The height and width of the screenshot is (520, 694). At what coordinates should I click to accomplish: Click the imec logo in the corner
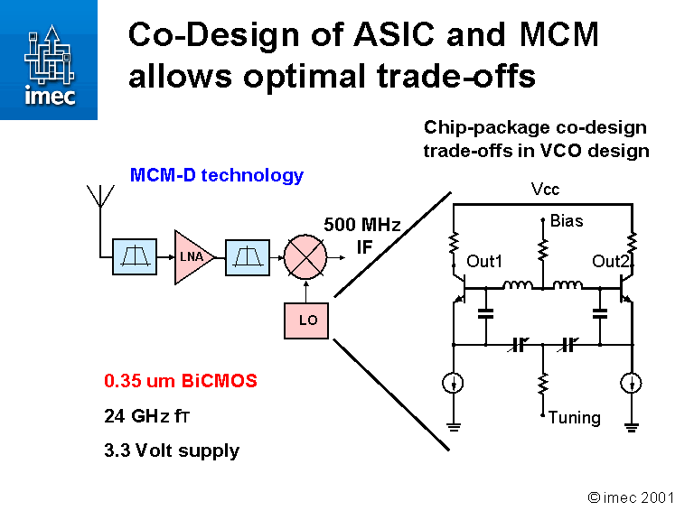tap(48, 60)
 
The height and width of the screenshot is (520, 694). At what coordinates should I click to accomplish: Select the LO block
tap(307, 320)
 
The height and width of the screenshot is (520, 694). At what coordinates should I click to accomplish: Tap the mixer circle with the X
tap(307, 256)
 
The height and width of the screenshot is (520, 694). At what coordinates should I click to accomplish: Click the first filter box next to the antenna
tap(135, 256)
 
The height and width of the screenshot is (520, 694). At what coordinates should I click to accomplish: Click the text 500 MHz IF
tap(361, 234)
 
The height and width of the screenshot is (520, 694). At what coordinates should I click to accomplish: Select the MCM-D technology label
tap(217, 175)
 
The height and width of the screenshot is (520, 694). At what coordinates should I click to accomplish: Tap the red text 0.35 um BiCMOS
tap(181, 381)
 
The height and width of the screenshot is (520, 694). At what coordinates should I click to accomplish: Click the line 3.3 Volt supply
tap(172, 450)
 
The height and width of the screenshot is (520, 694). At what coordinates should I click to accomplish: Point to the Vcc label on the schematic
tap(546, 190)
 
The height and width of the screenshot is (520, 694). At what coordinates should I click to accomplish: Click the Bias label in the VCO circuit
tap(567, 220)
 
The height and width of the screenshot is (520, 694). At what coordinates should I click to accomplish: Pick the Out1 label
tap(484, 262)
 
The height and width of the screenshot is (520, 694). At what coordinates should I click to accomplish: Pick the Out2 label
tap(610, 262)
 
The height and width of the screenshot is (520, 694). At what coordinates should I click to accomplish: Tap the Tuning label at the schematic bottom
tap(574, 417)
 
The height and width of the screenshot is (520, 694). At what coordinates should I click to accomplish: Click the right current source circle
tap(633, 384)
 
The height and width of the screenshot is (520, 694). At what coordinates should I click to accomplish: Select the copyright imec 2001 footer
tap(630, 497)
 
